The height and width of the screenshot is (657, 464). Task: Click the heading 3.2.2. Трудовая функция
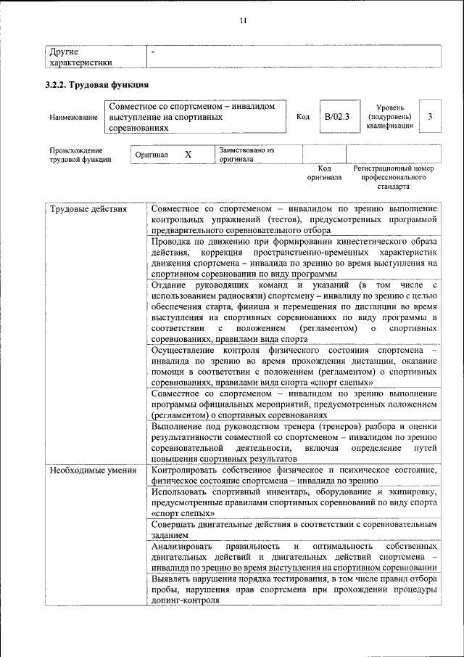pos(97,86)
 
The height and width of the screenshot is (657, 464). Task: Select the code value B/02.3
pos(336,116)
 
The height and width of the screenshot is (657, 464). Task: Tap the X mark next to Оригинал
pos(188,155)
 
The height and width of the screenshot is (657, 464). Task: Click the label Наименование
pos(73,117)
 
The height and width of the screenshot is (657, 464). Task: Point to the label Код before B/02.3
pos(303,116)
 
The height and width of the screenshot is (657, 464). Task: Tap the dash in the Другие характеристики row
pos(153,52)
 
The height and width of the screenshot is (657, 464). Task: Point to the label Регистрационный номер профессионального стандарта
pos(393,176)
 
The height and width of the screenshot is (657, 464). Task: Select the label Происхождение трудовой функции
pos(80,155)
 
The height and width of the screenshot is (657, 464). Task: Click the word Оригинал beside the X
pos(152,155)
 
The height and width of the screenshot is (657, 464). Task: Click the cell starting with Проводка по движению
pos(294,257)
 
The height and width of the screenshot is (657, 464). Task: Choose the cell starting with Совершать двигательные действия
pos(294,529)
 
